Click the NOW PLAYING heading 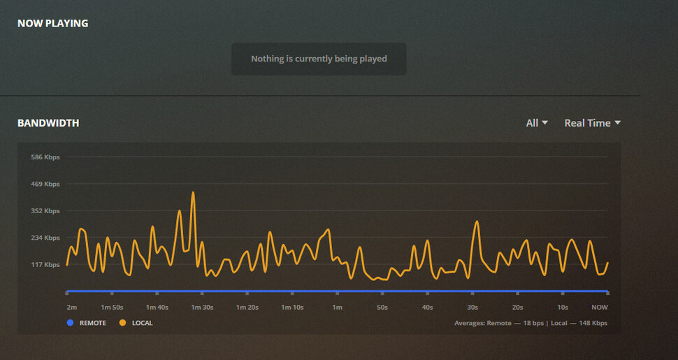pyautogui.click(x=52, y=23)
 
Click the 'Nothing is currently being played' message pyautogui.click(x=319, y=59)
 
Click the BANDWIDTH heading pyautogui.click(x=48, y=123)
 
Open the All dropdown pyautogui.click(x=537, y=123)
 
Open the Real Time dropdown pyautogui.click(x=592, y=123)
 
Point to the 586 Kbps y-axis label pyautogui.click(x=45, y=157)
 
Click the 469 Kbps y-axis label pyautogui.click(x=45, y=184)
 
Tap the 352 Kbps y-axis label pyautogui.click(x=45, y=211)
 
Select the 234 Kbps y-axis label pyautogui.click(x=45, y=238)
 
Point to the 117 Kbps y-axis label pyautogui.click(x=45, y=265)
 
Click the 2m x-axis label pyautogui.click(x=71, y=308)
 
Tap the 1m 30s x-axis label pyautogui.click(x=202, y=308)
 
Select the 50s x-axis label pyautogui.click(x=382, y=308)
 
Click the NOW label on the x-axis pyautogui.click(x=599, y=308)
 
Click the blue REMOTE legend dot pyautogui.click(x=70, y=323)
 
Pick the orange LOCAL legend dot pyautogui.click(x=122, y=323)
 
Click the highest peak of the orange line pyautogui.click(x=193, y=192)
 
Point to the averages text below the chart pyautogui.click(x=531, y=323)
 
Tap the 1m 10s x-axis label pyautogui.click(x=291, y=308)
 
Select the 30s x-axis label pyautogui.click(x=473, y=308)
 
